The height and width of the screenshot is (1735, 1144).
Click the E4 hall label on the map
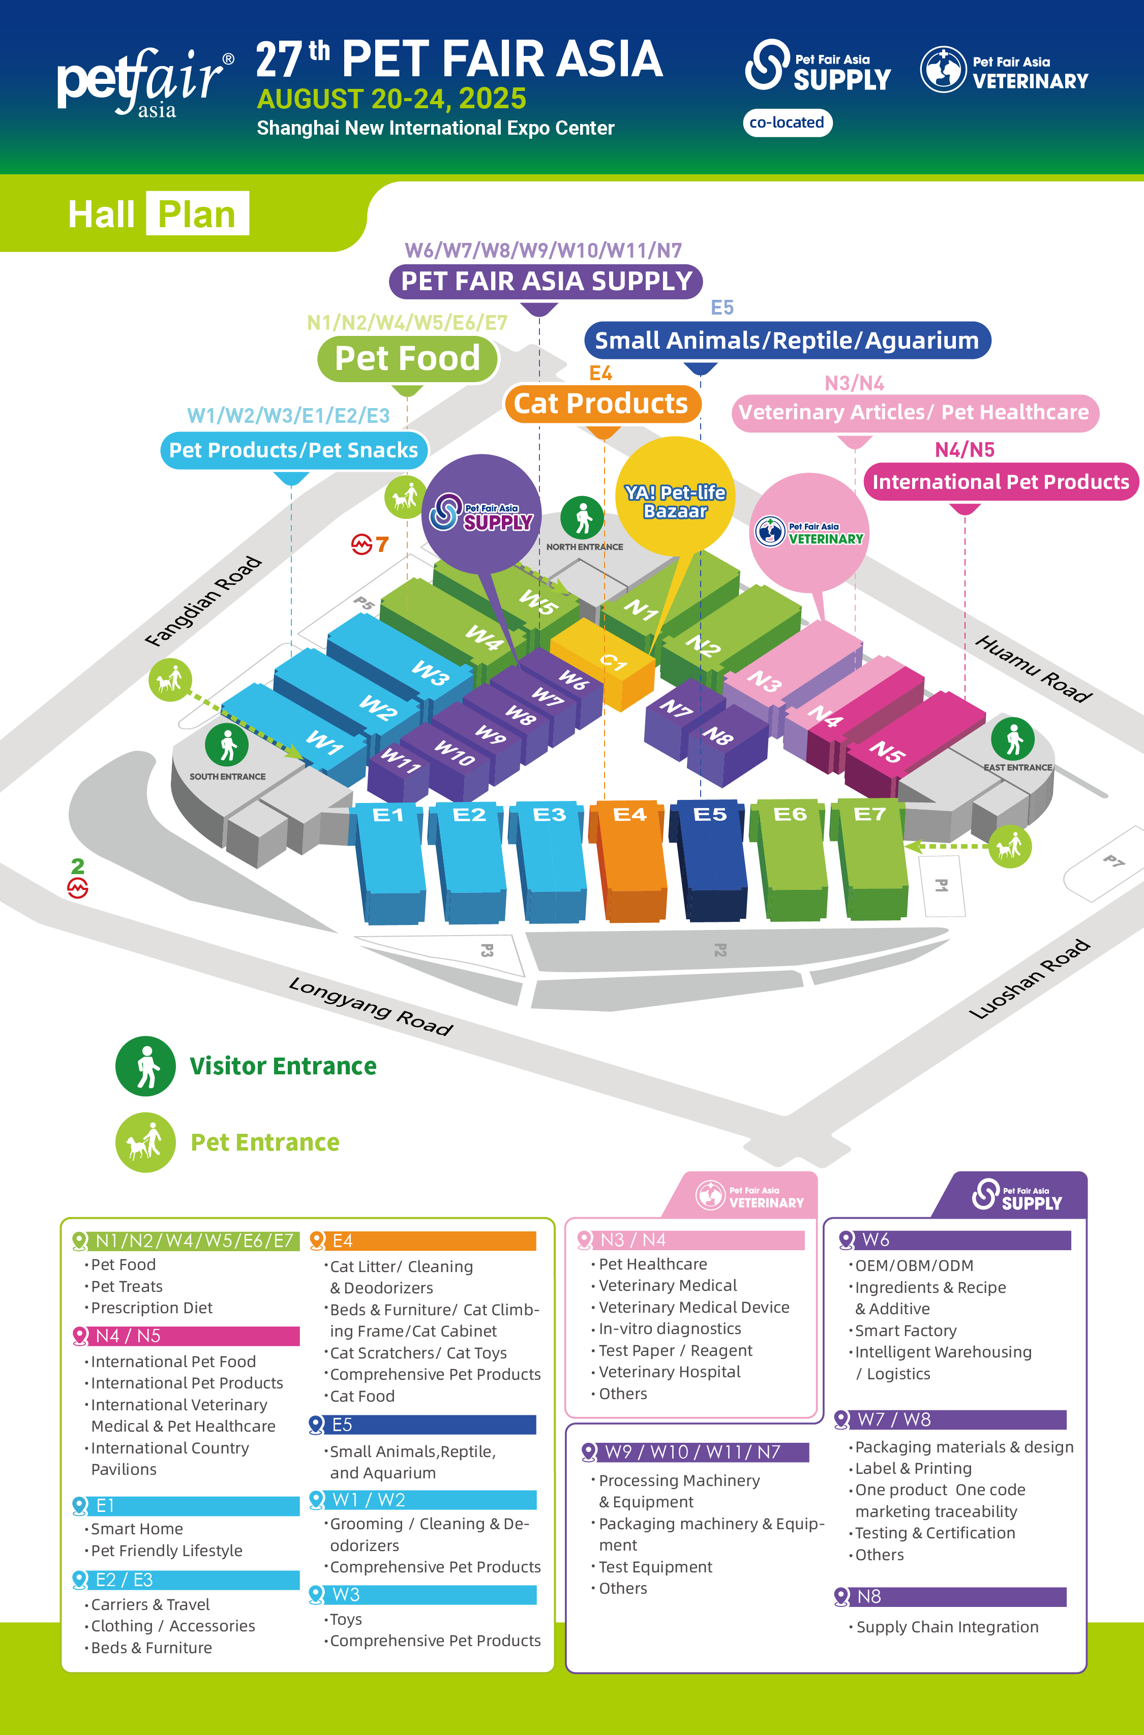tap(629, 814)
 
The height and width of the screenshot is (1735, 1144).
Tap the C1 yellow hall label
tap(614, 662)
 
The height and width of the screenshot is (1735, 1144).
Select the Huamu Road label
tap(1034, 669)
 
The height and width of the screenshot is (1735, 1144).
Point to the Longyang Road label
tap(371, 1006)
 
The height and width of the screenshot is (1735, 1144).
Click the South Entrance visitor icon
tap(227, 745)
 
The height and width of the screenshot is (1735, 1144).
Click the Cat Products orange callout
tap(602, 404)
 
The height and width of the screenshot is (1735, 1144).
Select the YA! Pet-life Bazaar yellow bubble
tap(676, 494)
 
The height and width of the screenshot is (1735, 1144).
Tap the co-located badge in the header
tap(787, 122)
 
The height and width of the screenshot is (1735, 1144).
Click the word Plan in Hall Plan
tap(197, 213)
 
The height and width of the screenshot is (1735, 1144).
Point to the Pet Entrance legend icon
tap(145, 1142)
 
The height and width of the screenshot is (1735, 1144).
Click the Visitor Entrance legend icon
tap(145, 1066)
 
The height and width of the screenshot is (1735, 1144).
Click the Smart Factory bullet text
tap(906, 1330)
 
